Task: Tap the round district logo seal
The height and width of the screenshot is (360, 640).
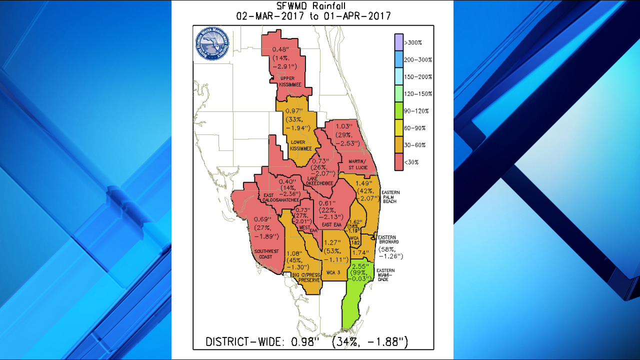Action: point(212,43)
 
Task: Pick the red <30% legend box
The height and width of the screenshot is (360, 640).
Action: point(398,162)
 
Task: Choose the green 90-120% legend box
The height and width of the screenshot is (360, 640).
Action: point(398,110)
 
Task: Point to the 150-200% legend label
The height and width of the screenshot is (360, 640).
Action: point(418,77)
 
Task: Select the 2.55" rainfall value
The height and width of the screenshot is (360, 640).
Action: point(359,266)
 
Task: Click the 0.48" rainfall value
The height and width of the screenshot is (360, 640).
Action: point(280,50)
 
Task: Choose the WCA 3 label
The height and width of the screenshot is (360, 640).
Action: point(333,273)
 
